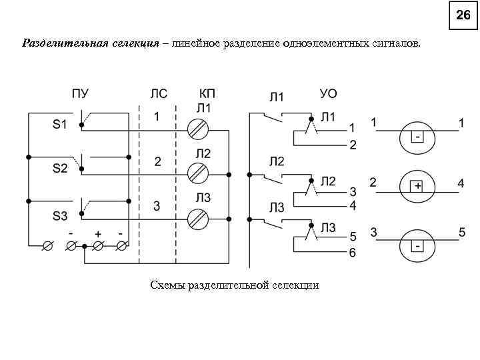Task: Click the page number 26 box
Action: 463,15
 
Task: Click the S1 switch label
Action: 61,124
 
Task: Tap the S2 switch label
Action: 61,169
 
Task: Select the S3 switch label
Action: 61,216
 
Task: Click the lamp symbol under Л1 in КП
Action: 198,127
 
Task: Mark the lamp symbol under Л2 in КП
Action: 198,173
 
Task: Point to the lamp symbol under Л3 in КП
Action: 198,218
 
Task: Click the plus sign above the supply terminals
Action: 97,234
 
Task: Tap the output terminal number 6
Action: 353,253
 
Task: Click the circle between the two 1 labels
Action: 417,137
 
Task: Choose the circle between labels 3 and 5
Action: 417,247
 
